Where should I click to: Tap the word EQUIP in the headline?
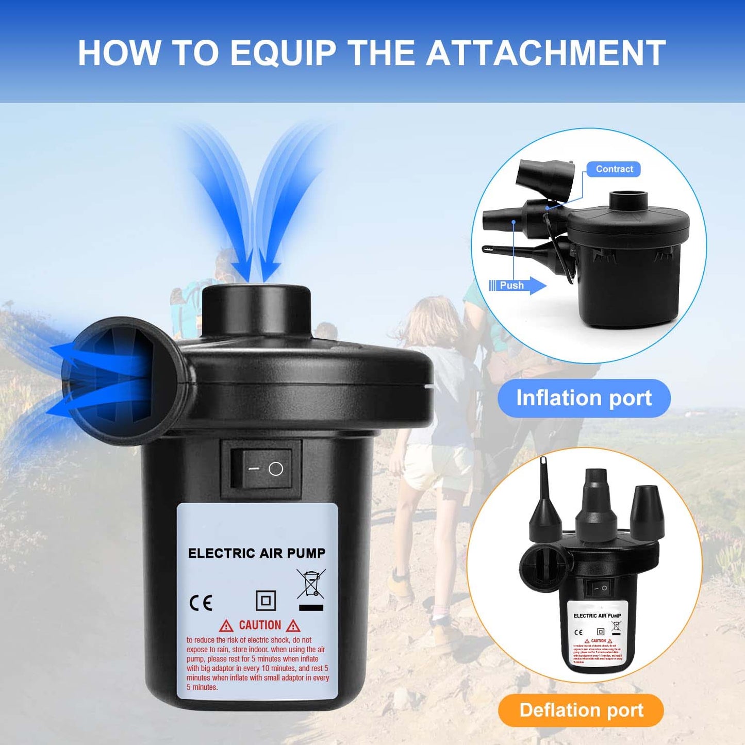(283, 53)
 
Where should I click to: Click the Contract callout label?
(614, 169)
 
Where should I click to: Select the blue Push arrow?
(518, 285)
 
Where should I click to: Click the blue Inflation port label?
(584, 398)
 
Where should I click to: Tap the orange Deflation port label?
(581, 710)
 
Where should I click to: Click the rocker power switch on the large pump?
(261, 469)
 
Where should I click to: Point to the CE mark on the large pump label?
(201, 602)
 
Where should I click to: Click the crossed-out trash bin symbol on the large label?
(311, 585)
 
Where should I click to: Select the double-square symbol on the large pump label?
(266, 601)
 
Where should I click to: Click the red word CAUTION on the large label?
(260, 625)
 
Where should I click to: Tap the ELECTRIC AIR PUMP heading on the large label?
(257, 553)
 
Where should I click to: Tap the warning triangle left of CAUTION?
(226, 626)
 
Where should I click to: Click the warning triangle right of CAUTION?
(293, 626)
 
